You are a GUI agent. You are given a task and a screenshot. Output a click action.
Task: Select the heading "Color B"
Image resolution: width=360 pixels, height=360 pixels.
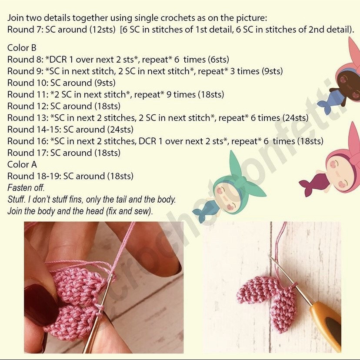(x=22, y=48)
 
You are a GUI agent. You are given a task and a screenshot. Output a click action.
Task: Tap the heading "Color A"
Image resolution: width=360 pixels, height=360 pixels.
(x=22, y=164)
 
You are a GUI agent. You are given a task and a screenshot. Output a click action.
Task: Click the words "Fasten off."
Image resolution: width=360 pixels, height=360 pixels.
(x=26, y=188)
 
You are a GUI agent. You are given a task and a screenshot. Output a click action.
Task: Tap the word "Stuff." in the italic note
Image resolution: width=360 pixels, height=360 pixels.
(x=17, y=200)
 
